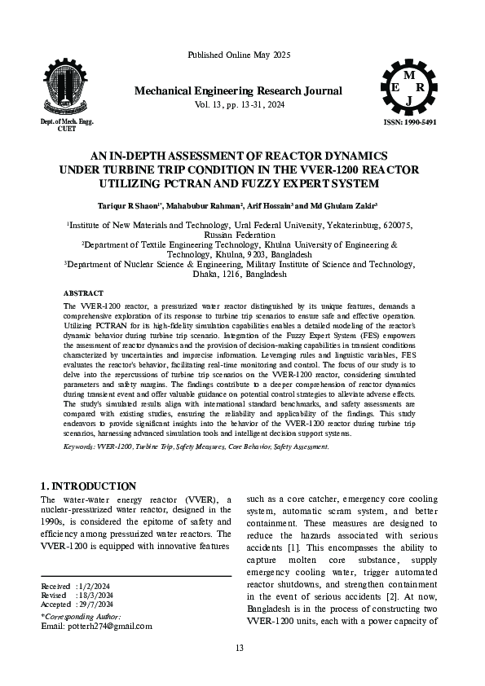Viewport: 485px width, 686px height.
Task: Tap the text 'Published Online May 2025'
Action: tap(239, 55)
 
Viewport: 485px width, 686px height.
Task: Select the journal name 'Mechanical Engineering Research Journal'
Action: tap(238, 90)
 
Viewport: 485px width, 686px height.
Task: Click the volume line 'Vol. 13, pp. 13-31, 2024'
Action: tap(238, 105)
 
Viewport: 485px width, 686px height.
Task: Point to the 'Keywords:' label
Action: tap(80, 447)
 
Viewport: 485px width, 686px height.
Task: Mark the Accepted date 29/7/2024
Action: tap(99, 604)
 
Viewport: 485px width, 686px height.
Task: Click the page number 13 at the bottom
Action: tap(239, 648)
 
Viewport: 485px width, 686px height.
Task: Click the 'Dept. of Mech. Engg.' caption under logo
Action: tap(67, 121)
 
